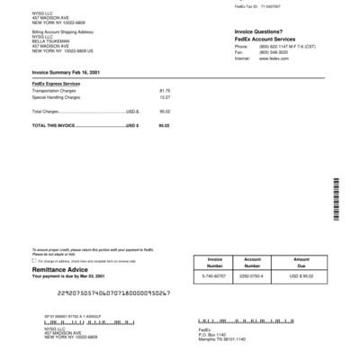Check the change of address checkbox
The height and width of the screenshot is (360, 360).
pos(33,260)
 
